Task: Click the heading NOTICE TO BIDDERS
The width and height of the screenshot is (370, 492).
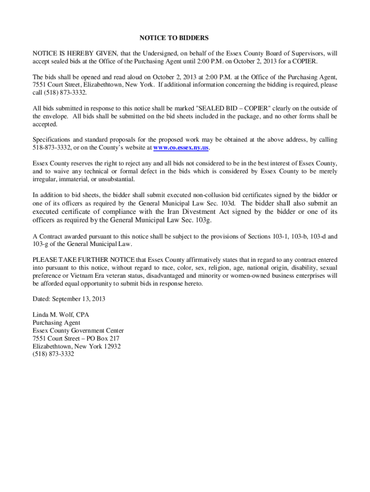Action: click(174, 37)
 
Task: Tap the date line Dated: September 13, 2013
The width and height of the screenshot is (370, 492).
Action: click(69, 299)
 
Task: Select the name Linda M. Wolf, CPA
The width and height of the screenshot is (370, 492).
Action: click(61, 315)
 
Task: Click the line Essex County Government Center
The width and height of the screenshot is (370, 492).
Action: click(78, 331)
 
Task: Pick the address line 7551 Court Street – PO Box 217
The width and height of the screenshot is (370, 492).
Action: click(76, 338)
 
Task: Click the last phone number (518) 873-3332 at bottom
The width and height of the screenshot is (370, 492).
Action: click(53, 354)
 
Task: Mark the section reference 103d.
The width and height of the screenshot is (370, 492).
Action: click(227, 203)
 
